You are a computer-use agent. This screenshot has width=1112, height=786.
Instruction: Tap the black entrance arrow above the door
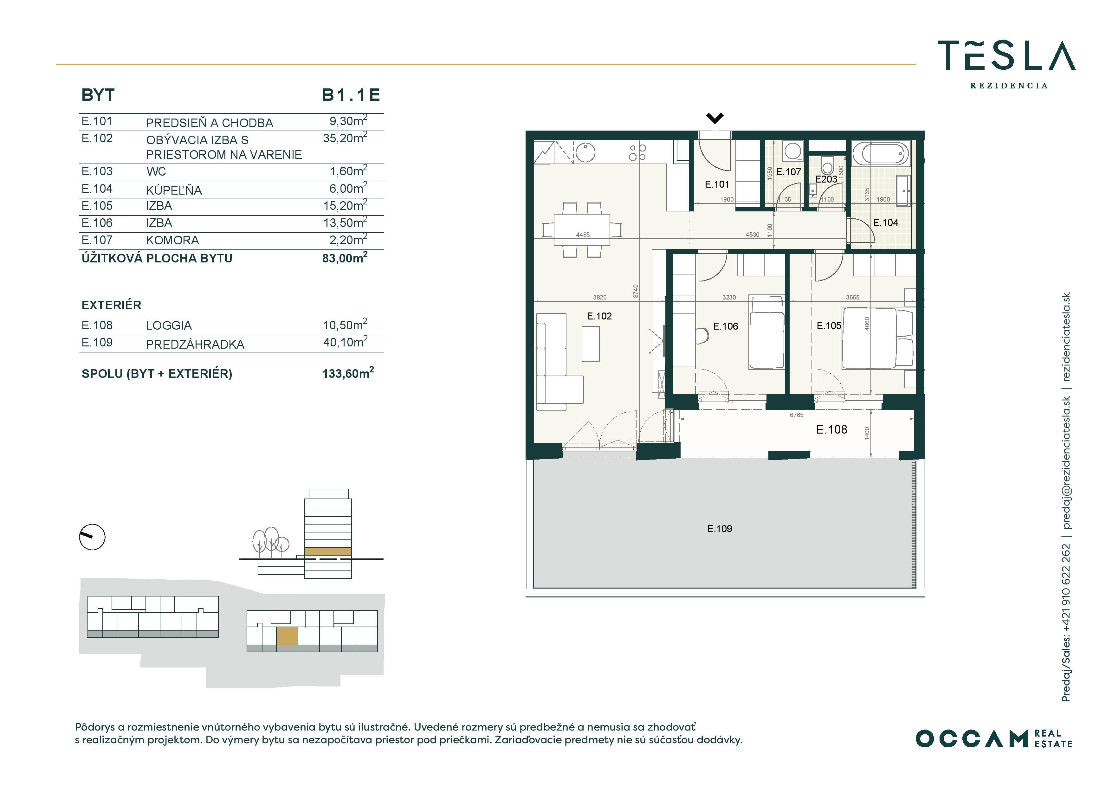pos(715,118)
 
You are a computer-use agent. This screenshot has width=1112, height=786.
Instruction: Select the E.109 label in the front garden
pos(719,529)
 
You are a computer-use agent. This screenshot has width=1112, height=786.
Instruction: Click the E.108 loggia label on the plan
pos(831,429)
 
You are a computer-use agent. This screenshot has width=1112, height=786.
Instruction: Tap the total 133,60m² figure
pos(348,373)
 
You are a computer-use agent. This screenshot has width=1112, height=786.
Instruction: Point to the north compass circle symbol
pos(92,537)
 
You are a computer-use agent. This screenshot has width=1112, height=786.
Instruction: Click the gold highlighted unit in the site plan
pos(287,636)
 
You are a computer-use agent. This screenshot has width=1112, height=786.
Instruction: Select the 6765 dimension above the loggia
pos(796,415)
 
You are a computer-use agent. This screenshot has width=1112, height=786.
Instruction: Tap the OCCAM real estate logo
pos(994,738)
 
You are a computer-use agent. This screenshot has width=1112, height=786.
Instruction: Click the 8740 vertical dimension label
pos(636,291)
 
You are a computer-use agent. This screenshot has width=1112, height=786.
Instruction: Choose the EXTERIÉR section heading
pos(111,305)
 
